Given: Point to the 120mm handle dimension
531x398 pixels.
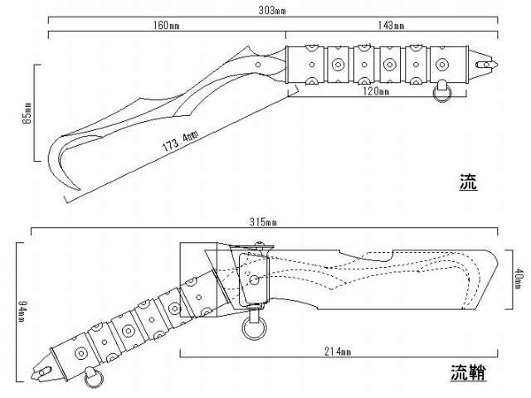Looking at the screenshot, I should (x=377, y=91).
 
